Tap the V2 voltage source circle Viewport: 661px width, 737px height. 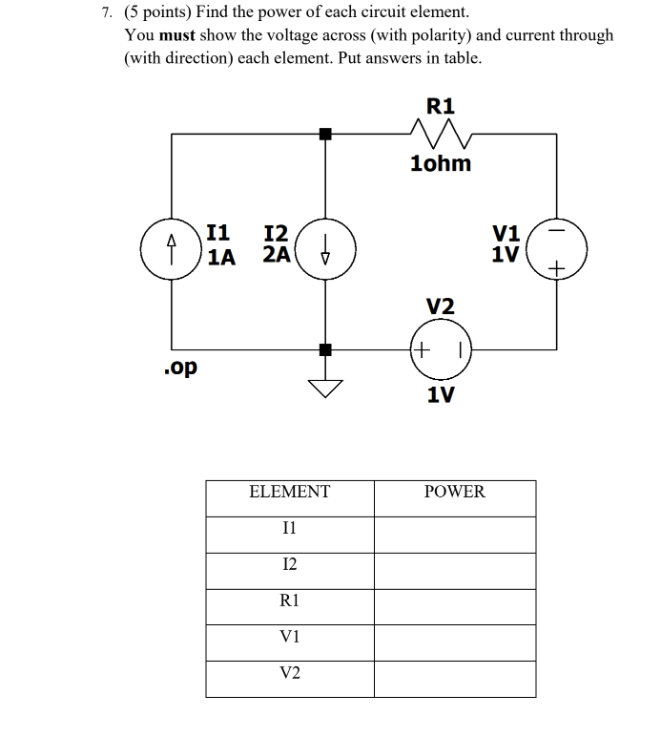pyautogui.click(x=440, y=349)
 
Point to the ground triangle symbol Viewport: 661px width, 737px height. pyautogui.click(x=325, y=387)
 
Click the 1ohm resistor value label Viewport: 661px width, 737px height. pyautogui.click(x=440, y=163)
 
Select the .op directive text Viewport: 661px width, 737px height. pyautogui.click(x=181, y=368)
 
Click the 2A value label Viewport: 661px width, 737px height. pyautogui.click(x=276, y=255)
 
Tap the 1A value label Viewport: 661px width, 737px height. pyautogui.click(x=220, y=256)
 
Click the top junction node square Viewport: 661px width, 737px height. pyautogui.click(x=325, y=134)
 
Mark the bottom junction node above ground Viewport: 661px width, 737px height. pyautogui.click(x=325, y=349)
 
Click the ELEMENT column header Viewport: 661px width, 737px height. pyautogui.click(x=289, y=493)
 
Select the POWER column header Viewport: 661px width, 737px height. pyautogui.click(x=454, y=493)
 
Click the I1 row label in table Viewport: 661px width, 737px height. pyautogui.click(x=289, y=528)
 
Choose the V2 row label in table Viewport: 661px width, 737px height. pyautogui.click(x=289, y=673)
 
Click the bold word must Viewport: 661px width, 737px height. pyautogui.click(x=176, y=35)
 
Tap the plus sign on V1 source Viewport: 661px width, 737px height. pyautogui.click(x=557, y=272)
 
